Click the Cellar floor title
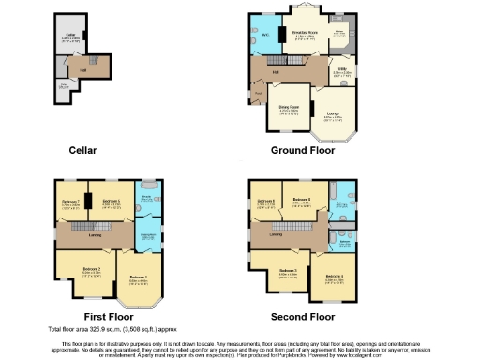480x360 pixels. coord(83,150)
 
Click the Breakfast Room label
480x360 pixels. coord(304,33)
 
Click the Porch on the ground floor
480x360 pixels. coord(258,94)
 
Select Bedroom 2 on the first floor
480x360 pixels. coord(91,269)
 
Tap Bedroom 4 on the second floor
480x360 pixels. coord(334,277)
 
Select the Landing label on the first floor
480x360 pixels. coord(95,235)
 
